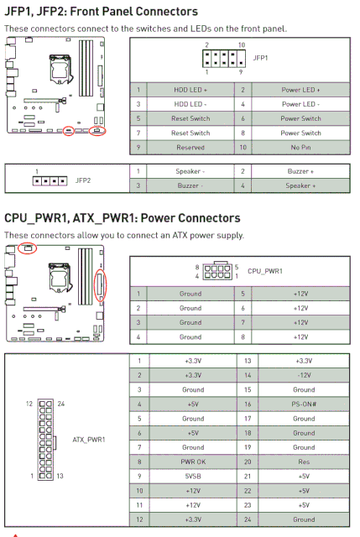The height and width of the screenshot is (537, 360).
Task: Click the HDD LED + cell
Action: [190, 90]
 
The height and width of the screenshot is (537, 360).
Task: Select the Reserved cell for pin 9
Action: [190, 148]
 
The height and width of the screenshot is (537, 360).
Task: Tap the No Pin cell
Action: [300, 148]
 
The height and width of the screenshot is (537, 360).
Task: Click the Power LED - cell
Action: [300, 104]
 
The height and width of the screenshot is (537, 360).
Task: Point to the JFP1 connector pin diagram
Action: [224, 59]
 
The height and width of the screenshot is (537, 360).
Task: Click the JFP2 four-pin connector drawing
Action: [50, 180]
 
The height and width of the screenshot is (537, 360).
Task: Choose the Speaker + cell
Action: [300, 185]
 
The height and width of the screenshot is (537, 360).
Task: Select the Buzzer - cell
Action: [190, 185]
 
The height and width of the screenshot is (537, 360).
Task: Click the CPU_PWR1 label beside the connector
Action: [265, 271]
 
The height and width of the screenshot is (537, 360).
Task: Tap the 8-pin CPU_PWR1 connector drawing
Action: [217, 272]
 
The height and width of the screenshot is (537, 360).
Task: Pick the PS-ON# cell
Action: [304, 404]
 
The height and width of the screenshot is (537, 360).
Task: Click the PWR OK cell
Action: [193, 461]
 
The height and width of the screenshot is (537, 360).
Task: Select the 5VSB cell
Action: [193, 476]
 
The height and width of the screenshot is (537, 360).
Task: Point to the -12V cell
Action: [304, 375]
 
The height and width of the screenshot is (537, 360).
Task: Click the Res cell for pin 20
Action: [304, 461]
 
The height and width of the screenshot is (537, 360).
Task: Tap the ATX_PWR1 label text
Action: [89, 440]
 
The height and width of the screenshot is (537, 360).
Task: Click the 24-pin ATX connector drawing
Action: [46, 440]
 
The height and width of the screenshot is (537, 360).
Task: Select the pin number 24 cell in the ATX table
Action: [248, 519]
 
